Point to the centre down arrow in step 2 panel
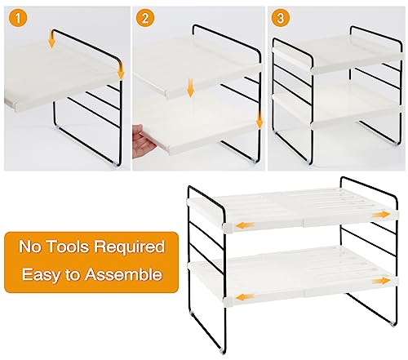point(190,87)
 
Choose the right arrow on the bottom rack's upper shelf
point(379,214)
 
